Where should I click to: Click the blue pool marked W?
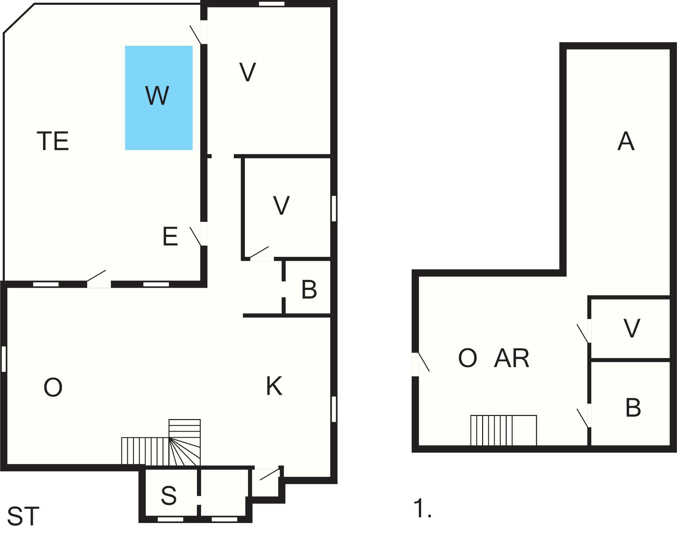[x=159, y=98]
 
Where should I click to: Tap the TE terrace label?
[x=53, y=141]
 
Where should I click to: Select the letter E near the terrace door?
[x=170, y=236]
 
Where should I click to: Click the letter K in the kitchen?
[x=274, y=386]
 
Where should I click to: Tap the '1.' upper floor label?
[x=423, y=509]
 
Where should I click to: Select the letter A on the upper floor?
[x=626, y=141]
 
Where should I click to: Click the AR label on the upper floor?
[x=512, y=358]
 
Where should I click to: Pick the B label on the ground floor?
[x=309, y=290]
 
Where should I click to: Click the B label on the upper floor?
[x=633, y=407]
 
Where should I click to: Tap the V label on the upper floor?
[x=632, y=328]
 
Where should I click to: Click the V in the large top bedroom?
[x=248, y=72]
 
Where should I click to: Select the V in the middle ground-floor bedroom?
[x=281, y=205]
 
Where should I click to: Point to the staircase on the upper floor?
[x=504, y=430]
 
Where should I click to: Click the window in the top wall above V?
[x=271, y=4]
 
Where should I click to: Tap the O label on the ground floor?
[x=53, y=387]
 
